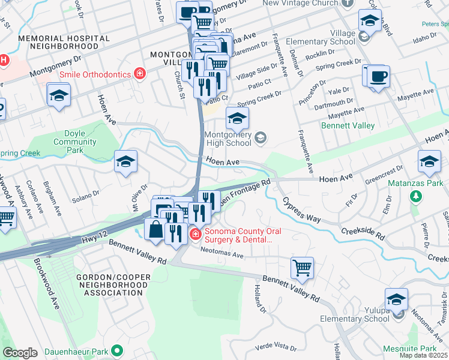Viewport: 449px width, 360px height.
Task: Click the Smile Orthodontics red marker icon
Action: [140, 74]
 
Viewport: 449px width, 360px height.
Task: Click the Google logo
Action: [20, 352]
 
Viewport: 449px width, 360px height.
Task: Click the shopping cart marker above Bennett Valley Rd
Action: [302, 268]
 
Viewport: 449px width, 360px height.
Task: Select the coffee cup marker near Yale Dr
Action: [378, 77]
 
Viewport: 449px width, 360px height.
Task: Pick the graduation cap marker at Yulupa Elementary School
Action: [396, 299]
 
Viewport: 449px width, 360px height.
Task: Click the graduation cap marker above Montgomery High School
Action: [237, 118]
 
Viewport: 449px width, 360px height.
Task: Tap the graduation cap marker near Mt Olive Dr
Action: [125, 161]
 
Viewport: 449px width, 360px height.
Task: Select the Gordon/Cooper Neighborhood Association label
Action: [109, 284]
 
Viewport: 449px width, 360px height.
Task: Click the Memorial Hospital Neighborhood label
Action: [64, 42]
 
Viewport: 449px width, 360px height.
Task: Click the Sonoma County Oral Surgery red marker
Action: [195, 233]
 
